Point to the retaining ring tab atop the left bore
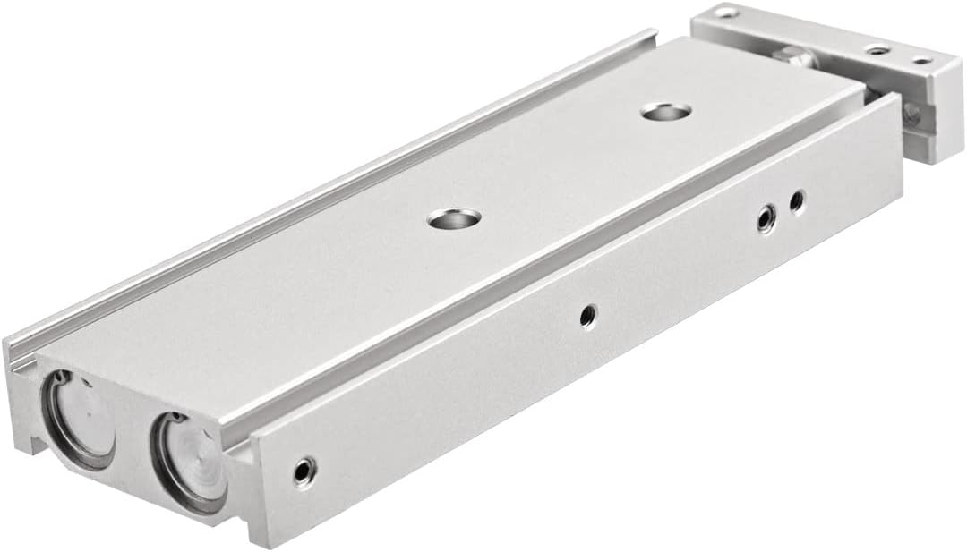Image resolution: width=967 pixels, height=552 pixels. pyautogui.click(x=59, y=377)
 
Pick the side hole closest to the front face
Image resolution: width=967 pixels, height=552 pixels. pyautogui.click(x=305, y=471)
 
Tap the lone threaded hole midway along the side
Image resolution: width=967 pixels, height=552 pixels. pyautogui.click(x=587, y=315)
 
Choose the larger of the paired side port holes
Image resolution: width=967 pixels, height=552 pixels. pyautogui.click(x=766, y=217)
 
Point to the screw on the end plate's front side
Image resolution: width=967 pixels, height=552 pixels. pyautogui.click(x=911, y=113)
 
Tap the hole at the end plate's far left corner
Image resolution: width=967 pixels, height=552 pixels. pyautogui.click(x=724, y=13)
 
